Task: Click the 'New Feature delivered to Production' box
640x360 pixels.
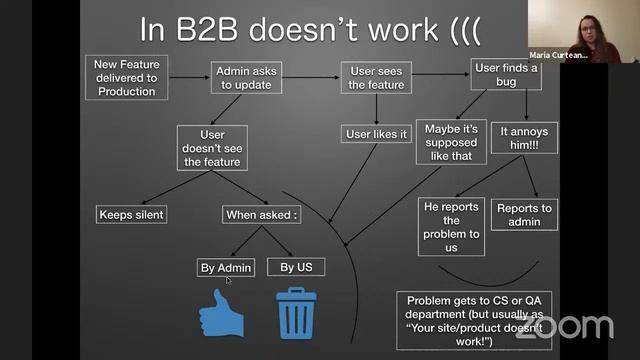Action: click(125, 77)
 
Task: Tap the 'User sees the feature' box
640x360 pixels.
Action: click(376, 78)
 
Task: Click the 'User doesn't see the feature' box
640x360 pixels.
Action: click(212, 147)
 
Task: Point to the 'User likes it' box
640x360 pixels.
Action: click(376, 134)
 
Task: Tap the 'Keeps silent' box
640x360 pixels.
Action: click(131, 214)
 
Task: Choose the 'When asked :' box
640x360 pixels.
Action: click(260, 214)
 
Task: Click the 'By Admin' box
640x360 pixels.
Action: click(225, 267)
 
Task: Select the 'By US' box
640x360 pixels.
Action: click(296, 267)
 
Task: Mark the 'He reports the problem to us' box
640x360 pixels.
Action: click(453, 226)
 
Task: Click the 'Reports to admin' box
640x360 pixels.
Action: click(523, 214)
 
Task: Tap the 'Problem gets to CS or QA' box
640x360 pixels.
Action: click(473, 320)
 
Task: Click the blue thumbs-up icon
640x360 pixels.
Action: click(223, 313)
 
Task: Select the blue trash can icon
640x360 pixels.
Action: click(296, 312)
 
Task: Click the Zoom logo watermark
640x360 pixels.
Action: click(565, 326)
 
